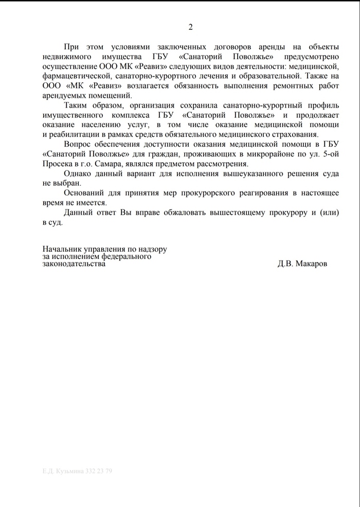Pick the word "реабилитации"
(x=70, y=135)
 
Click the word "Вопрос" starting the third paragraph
(x=77, y=145)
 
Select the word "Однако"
(x=78, y=174)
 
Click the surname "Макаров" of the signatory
(x=310, y=264)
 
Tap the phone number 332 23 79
(x=100, y=471)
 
